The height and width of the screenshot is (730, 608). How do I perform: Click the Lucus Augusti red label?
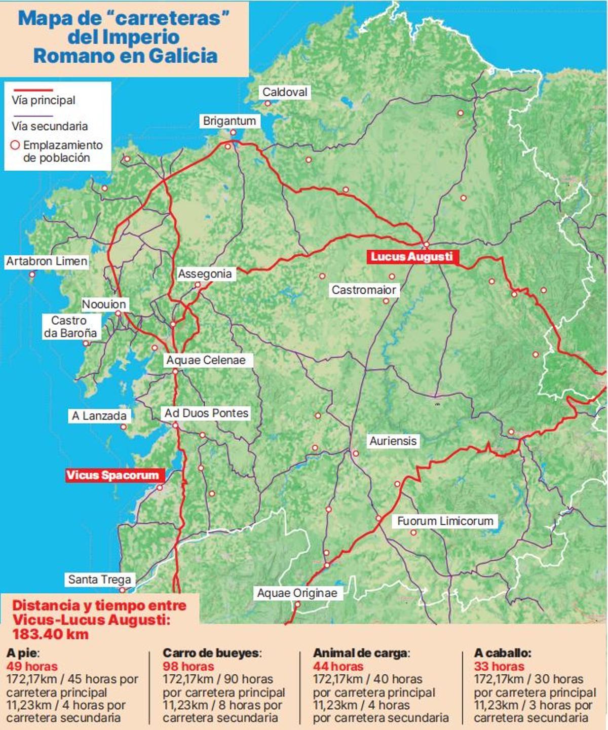(411, 257)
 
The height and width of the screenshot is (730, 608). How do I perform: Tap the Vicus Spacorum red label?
(112, 475)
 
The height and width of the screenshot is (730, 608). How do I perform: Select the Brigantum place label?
(230, 121)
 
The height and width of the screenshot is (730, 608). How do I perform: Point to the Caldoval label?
(285, 92)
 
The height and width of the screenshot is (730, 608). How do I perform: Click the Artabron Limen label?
(47, 261)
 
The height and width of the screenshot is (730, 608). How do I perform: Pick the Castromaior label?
(364, 290)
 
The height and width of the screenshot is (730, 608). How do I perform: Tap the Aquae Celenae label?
(206, 360)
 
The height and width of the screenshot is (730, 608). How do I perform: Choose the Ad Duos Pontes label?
(206, 413)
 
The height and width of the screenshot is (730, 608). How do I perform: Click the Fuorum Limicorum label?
(445, 521)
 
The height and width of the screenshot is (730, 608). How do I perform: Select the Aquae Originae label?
(297, 593)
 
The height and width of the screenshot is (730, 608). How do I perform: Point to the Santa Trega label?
(99, 579)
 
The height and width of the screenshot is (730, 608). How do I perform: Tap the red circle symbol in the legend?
(15, 145)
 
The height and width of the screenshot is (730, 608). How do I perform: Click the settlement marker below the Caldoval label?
(268, 103)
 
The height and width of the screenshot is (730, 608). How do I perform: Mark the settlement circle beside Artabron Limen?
(32, 275)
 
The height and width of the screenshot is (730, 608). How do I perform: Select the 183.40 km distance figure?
(51, 634)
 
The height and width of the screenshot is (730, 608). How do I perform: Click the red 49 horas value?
(32, 666)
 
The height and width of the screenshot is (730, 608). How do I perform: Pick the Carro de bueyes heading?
(211, 653)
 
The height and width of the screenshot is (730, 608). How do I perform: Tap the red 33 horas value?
(499, 666)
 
